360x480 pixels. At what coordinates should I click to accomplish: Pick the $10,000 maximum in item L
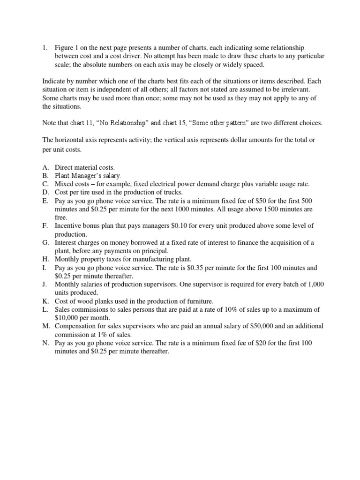(x=68, y=317)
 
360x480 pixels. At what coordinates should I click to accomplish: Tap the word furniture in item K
(x=184, y=301)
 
